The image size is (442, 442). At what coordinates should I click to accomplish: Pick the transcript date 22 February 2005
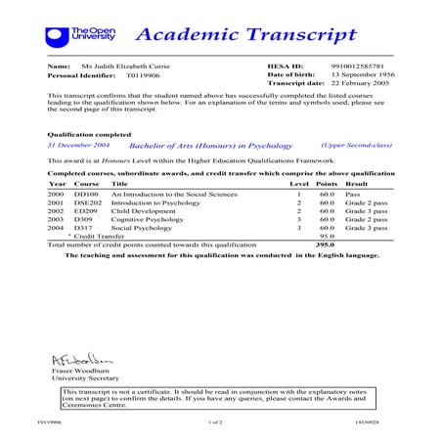coord(363,84)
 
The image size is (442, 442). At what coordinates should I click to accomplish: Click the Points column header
coord(327,183)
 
